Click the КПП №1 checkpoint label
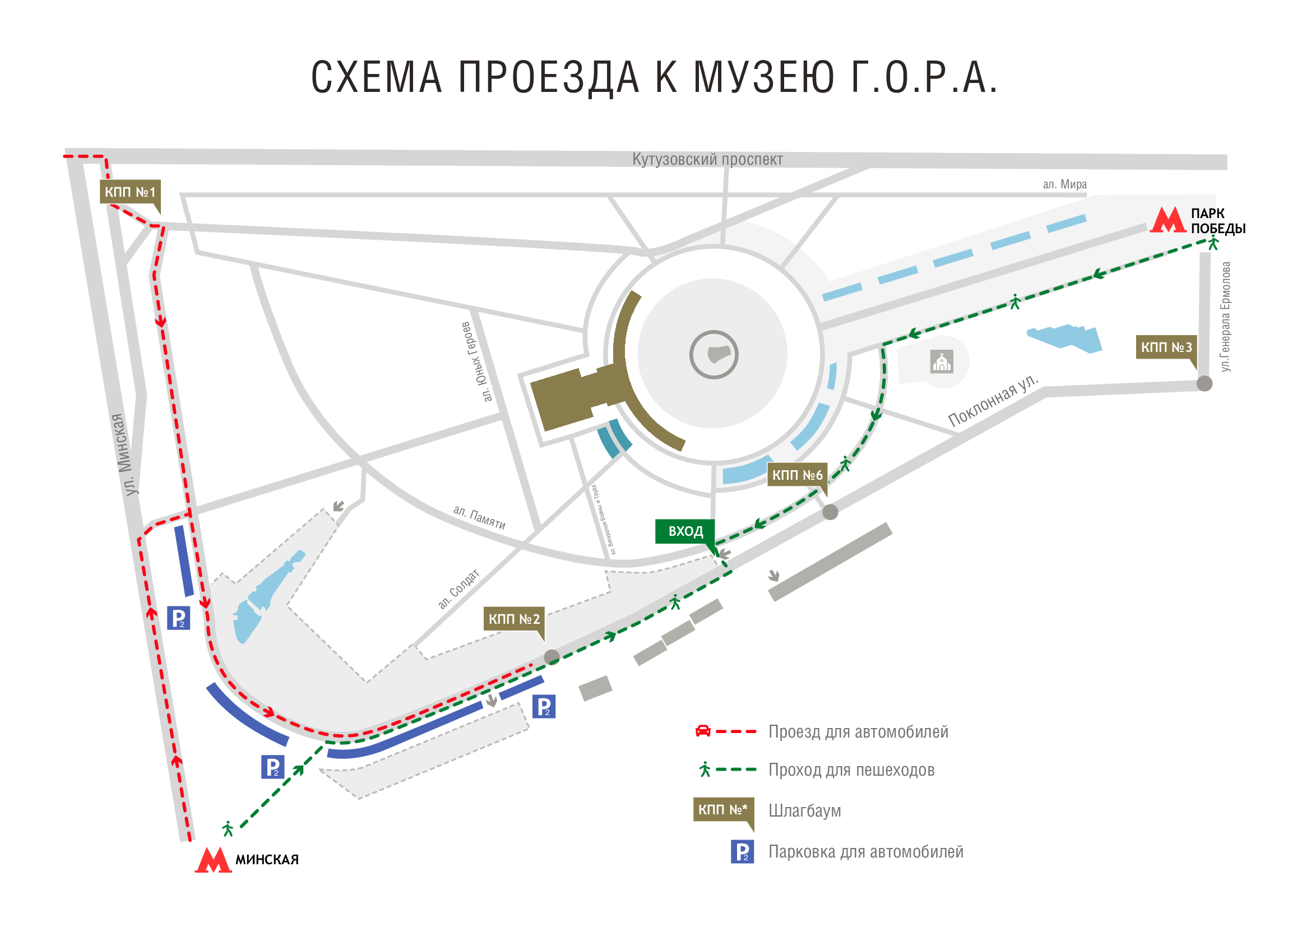[x=129, y=192]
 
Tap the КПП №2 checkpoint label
[x=514, y=619]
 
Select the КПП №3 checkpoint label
[x=1166, y=347]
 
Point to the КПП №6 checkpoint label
[x=797, y=475]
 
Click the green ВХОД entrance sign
[x=685, y=531]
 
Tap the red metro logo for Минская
[x=213, y=860]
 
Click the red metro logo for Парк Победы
[x=1168, y=220]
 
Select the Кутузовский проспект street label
[x=707, y=159]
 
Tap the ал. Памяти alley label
[x=479, y=517]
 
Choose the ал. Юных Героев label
[x=476, y=362]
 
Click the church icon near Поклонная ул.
[x=942, y=362]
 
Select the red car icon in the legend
[x=703, y=731]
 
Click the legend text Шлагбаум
[x=804, y=810]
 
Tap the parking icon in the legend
[x=742, y=852]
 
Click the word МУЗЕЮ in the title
[x=764, y=78]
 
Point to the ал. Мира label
[x=1065, y=184]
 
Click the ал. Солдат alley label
[x=458, y=589]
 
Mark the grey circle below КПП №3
[x=1204, y=383]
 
